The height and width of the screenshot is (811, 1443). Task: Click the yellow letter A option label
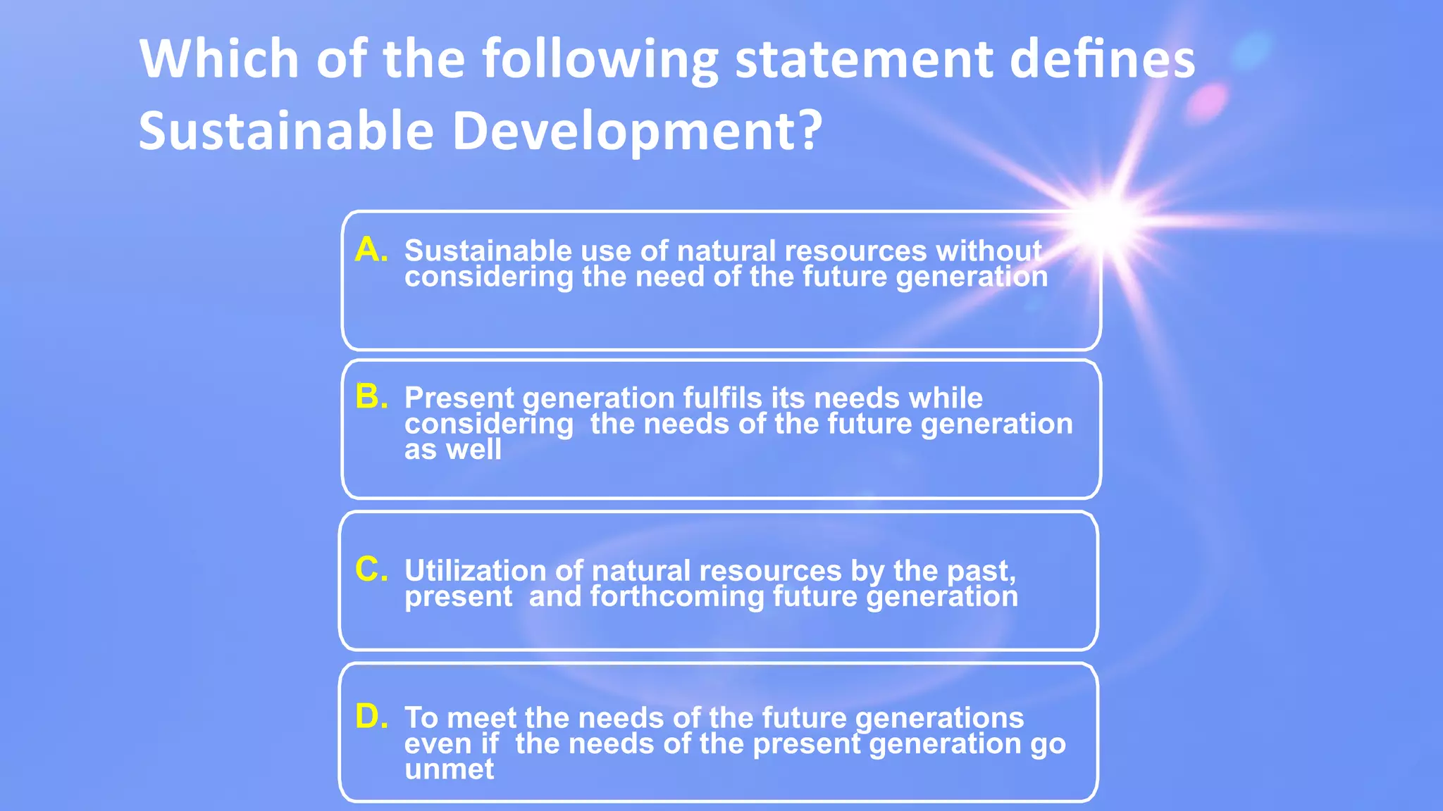(371, 250)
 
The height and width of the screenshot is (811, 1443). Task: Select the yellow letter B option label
(371, 397)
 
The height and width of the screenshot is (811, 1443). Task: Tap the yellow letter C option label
(371, 570)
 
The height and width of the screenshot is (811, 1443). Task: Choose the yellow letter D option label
(371, 717)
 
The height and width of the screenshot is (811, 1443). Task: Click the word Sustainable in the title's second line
(286, 131)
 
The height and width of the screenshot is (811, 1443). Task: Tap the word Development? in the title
(637, 131)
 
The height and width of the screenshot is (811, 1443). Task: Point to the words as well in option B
(453, 450)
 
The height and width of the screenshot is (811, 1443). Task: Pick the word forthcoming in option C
(676, 596)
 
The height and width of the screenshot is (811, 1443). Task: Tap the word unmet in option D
(449, 769)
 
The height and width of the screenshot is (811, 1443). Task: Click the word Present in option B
(459, 398)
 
